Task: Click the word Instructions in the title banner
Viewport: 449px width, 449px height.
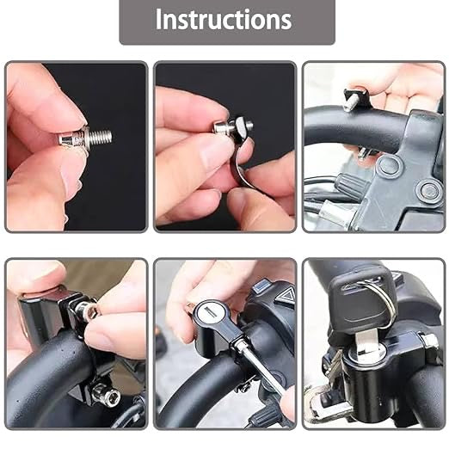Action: [x=223, y=21]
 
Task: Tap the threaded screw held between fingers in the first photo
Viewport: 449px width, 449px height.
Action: [x=85, y=135]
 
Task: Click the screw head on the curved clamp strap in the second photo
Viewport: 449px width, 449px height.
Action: [x=226, y=128]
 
